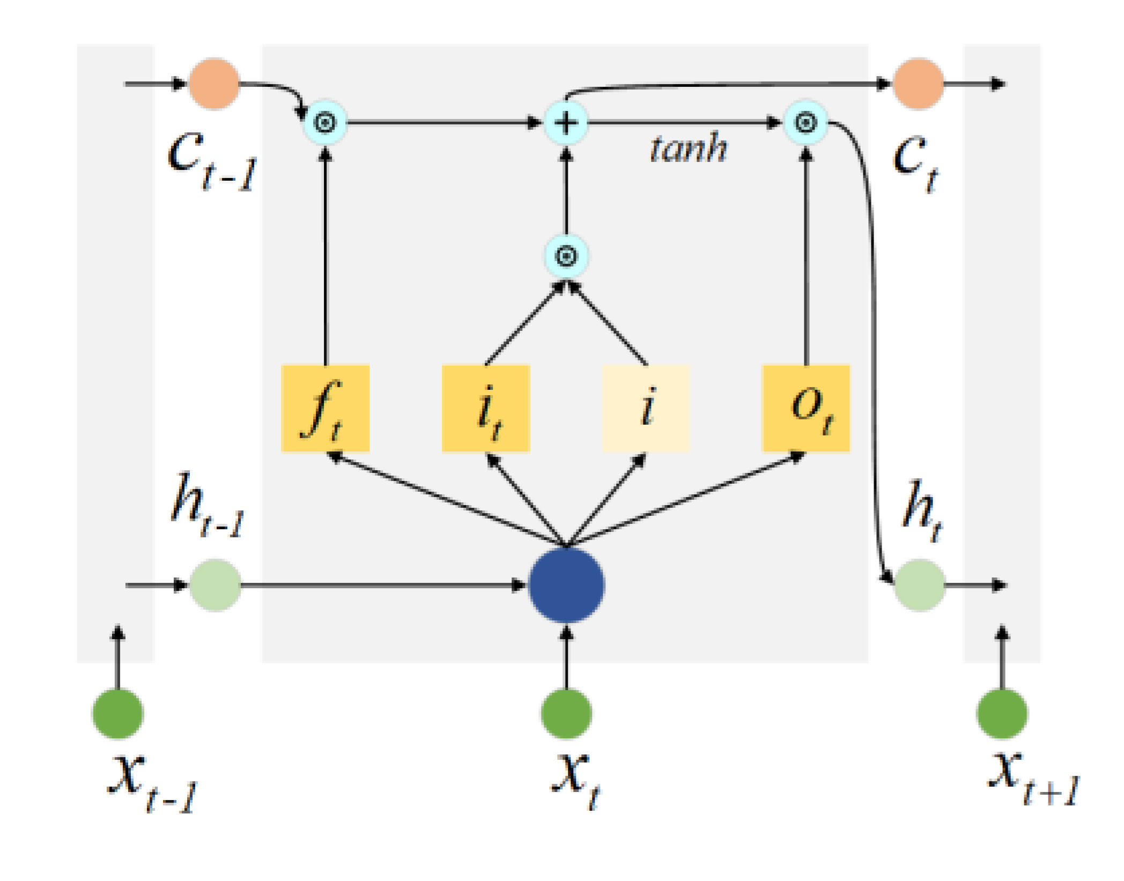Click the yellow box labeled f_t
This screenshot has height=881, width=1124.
[x=325, y=409]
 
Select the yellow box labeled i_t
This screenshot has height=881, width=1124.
[x=486, y=409]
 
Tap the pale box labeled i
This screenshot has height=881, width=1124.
[x=646, y=409]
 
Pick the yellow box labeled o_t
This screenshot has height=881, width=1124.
[x=806, y=409]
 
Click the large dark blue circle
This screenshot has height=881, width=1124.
[x=566, y=585]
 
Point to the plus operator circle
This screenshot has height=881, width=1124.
[x=566, y=123]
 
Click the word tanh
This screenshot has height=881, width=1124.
[x=689, y=148]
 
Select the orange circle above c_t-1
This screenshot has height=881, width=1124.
[x=214, y=84]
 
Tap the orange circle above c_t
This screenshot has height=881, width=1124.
[x=918, y=84]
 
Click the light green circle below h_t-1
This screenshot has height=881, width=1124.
[x=215, y=585]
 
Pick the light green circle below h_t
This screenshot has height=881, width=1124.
[x=919, y=585]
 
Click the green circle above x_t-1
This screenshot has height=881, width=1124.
[x=118, y=714]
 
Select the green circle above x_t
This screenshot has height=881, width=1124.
[x=566, y=714]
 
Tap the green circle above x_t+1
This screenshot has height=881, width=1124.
[x=1002, y=714]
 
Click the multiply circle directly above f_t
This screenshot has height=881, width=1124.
[x=325, y=123]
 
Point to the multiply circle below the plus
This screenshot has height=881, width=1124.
[x=566, y=256]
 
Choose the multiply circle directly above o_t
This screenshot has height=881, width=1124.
[x=805, y=123]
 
